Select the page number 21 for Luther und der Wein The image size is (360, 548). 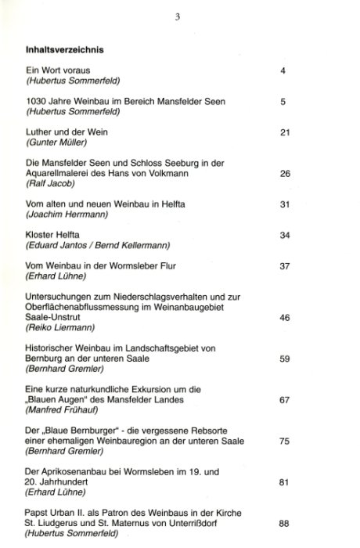(285, 132)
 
